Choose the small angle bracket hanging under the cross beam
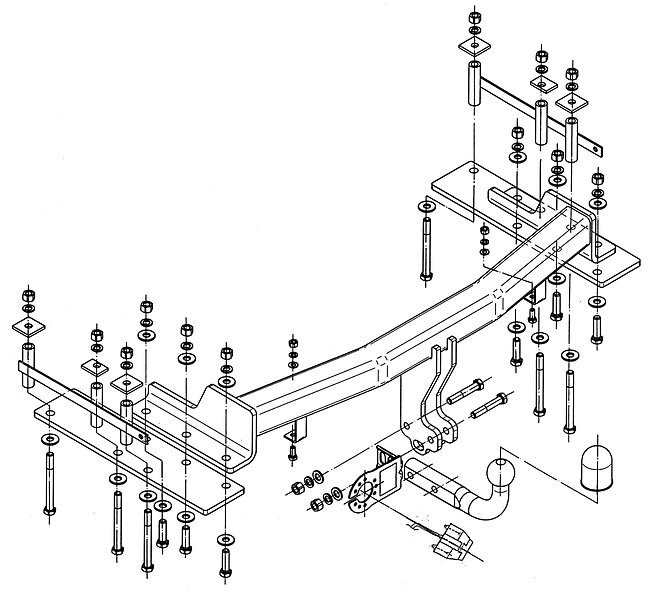tap(292, 432)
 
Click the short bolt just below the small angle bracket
tap(291, 454)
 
